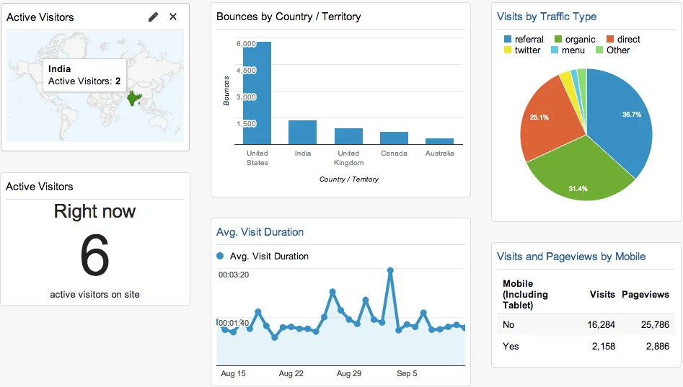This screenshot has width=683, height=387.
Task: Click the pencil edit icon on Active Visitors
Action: [x=153, y=17]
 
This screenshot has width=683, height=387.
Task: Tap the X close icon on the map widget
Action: [x=173, y=17]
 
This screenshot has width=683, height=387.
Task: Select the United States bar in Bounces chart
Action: [x=257, y=93]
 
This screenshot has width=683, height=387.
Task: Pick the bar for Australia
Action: [x=439, y=141]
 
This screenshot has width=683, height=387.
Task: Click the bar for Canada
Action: [x=394, y=138]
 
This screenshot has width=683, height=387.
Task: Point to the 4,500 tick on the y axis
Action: [x=246, y=71]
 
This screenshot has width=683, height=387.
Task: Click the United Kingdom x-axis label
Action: [x=348, y=158]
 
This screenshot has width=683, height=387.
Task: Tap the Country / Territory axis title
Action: [x=349, y=179]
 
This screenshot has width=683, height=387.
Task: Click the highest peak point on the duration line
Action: [x=390, y=271]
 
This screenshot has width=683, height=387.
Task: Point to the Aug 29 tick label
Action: [x=349, y=373]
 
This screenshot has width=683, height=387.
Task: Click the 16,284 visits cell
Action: [x=601, y=324]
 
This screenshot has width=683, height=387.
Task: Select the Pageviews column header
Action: [x=645, y=294]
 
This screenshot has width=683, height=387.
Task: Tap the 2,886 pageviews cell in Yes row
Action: [x=655, y=347]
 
